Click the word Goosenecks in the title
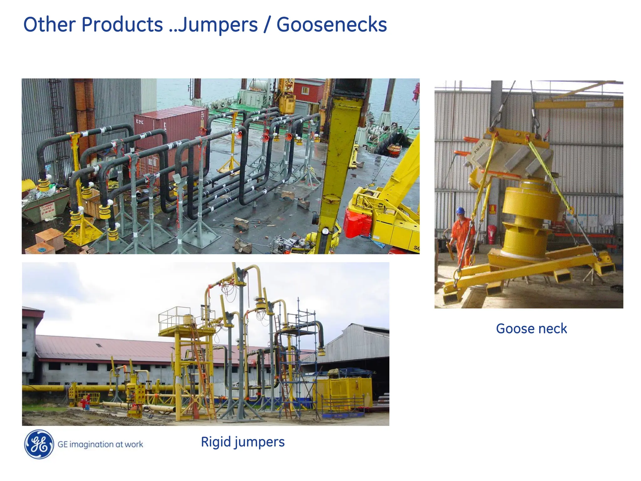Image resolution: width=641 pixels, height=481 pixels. coord(331,24)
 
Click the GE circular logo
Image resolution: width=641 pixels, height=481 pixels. coord(39,444)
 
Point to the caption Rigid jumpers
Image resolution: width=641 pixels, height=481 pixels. coord(243,442)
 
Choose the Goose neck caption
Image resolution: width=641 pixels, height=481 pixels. coord(531,329)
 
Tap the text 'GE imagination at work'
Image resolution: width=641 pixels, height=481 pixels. coord(100,444)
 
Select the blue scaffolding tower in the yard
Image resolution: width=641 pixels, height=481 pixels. coord(297,360)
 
